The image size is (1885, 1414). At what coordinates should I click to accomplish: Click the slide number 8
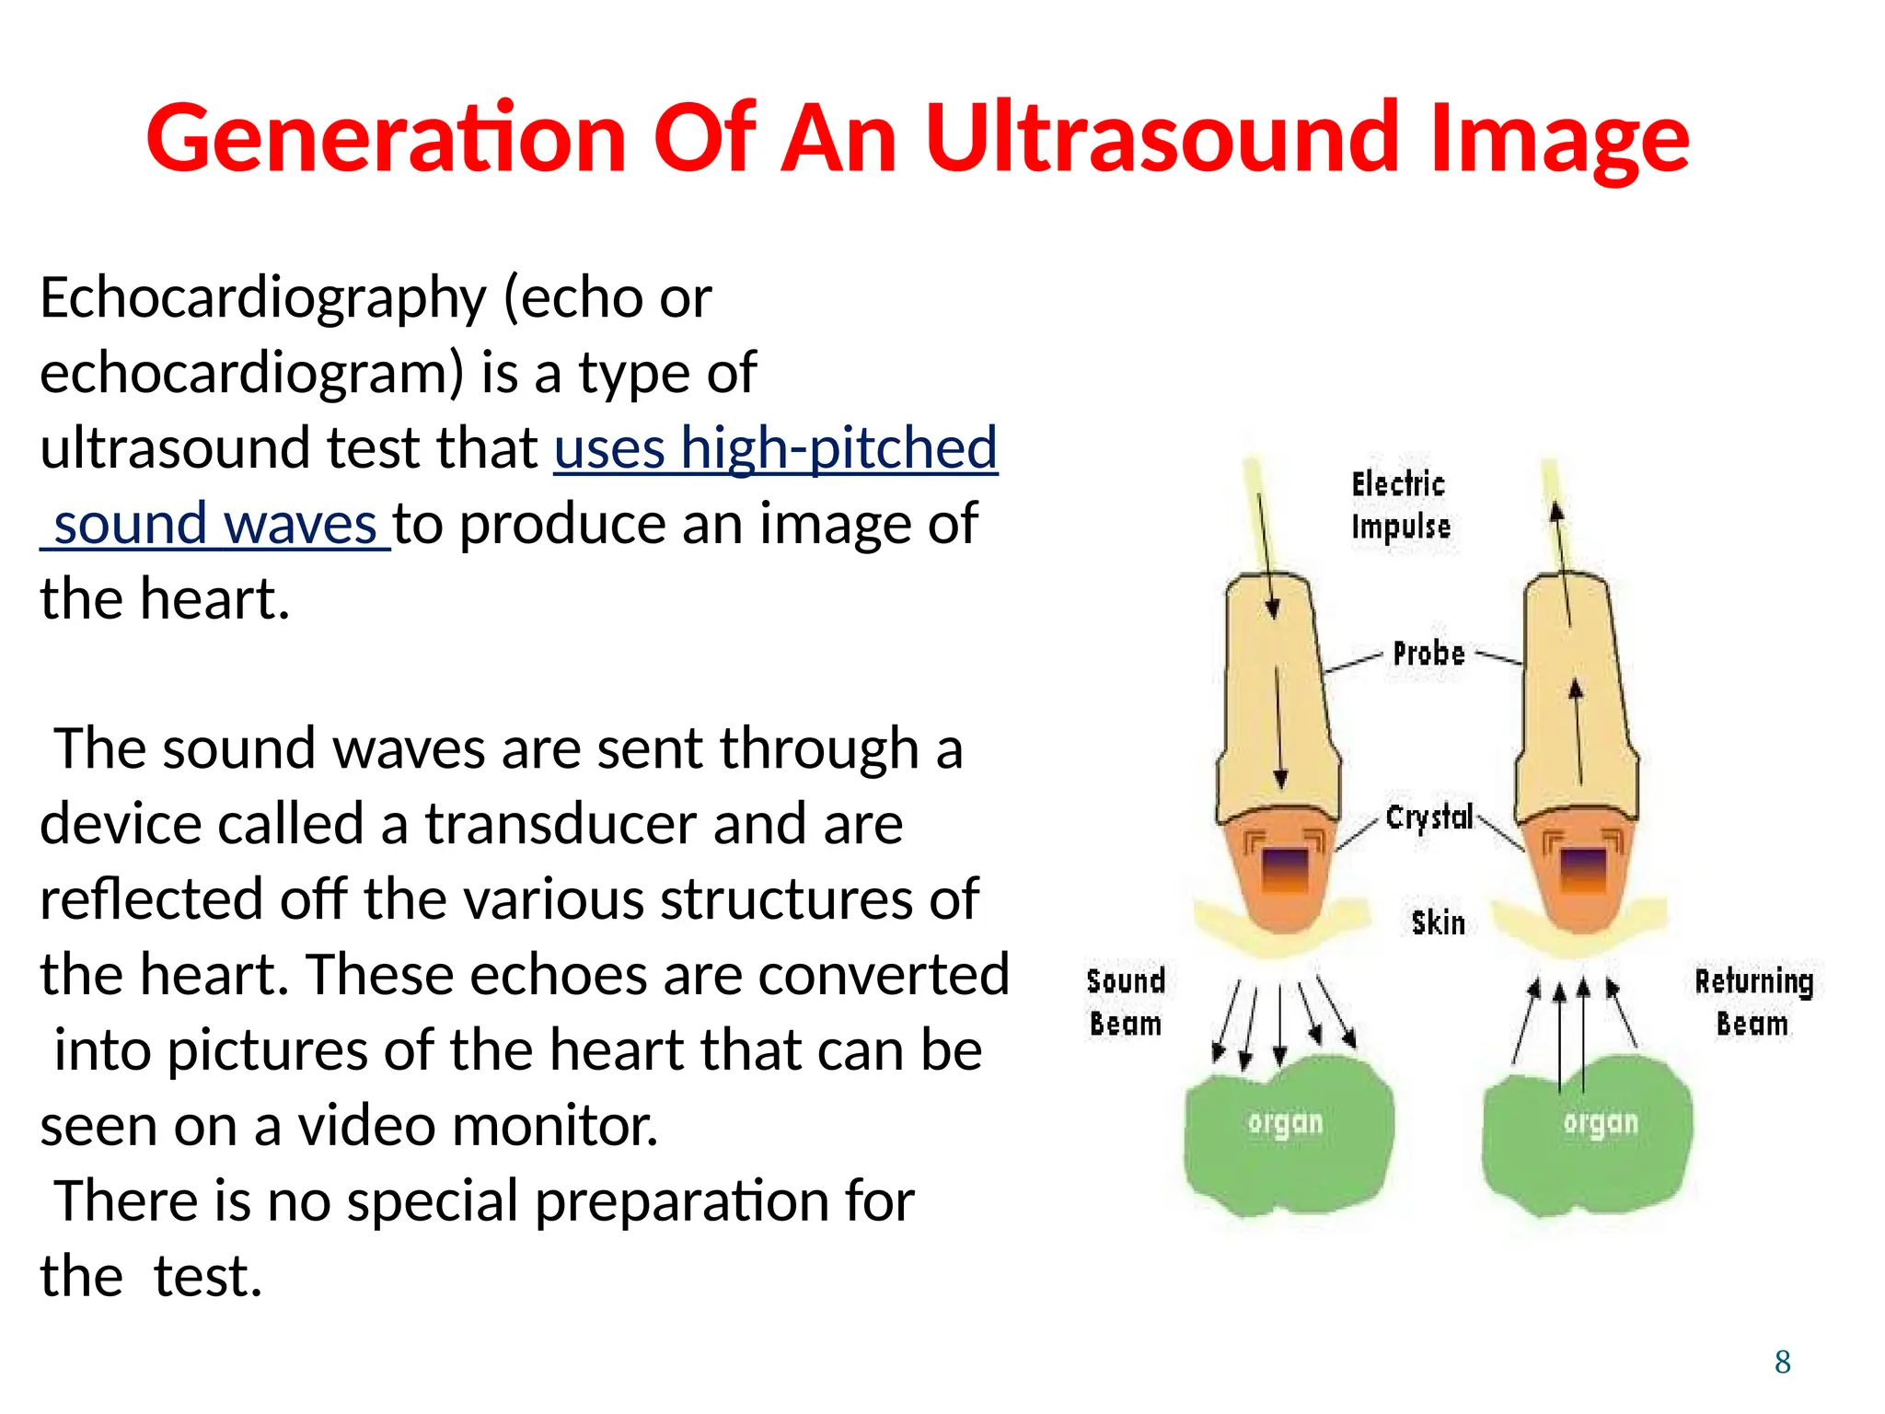1782,1362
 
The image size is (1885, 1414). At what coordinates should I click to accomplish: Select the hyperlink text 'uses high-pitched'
775,448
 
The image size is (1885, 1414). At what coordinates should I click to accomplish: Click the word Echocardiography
262,299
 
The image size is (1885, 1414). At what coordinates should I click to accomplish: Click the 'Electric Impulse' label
1399,505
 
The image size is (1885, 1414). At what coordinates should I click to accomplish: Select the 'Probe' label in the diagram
1428,654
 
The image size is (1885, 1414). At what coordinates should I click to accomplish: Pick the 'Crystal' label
1428,817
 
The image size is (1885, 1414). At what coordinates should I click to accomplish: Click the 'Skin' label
1437,922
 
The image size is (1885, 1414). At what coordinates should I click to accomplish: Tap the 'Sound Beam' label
1125,1003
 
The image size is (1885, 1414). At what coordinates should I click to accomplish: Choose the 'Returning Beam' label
1753,1003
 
